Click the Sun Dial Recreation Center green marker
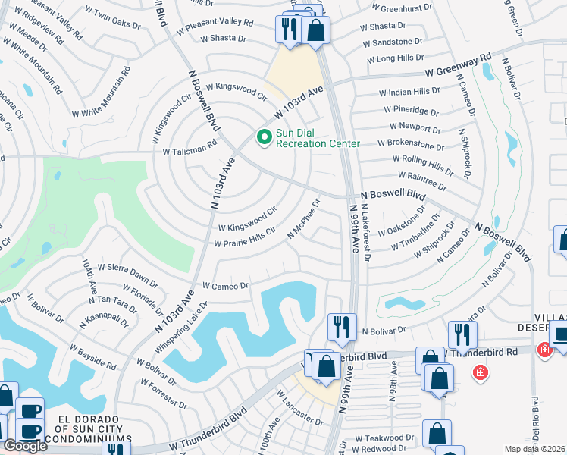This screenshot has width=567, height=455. click(x=265, y=137)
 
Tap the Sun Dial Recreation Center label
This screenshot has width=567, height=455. click(x=317, y=137)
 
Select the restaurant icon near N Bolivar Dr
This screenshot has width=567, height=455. click(x=341, y=327)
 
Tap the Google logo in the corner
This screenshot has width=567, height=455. click(x=24, y=446)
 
